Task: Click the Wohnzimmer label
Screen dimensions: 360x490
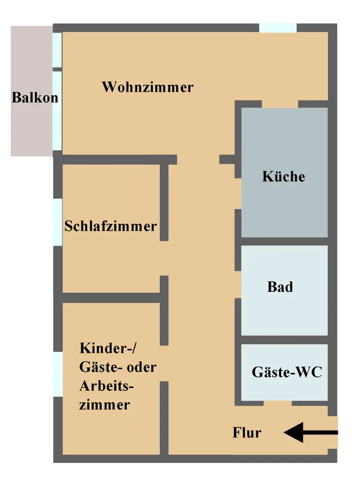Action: (x=148, y=88)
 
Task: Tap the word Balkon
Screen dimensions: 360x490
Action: (x=35, y=97)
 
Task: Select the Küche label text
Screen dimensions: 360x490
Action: (x=283, y=176)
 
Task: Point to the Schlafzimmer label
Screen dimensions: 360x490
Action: (x=111, y=226)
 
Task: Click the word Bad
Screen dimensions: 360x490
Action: (x=280, y=287)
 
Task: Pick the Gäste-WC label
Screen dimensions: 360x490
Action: (x=287, y=372)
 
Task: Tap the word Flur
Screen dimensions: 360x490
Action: (x=247, y=433)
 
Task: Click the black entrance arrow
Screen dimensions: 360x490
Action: (x=311, y=433)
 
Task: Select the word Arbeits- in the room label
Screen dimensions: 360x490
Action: (x=106, y=386)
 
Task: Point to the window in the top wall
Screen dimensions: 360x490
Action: (x=278, y=27)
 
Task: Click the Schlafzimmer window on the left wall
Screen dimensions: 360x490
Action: (x=57, y=222)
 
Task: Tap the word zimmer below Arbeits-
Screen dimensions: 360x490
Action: (x=104, y=405)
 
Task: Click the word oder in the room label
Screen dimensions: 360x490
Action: (x=141, y=367)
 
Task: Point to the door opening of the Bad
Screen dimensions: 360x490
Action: (x=238, y=286)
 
